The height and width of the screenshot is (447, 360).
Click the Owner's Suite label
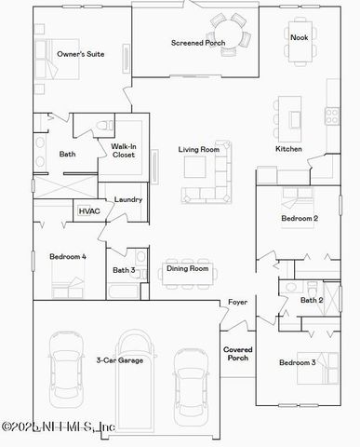[x=80, y=55]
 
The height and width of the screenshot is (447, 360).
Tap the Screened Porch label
[x=198, y=43]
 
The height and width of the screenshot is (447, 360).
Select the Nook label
[x=299, y=37]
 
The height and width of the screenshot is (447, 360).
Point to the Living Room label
[x=199, y=149]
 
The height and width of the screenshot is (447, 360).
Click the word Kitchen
[x=288, y=149]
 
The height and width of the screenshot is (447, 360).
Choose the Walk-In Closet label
[x=124, y=150]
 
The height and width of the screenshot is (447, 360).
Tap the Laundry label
[x=128, y=199]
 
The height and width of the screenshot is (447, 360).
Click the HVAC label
[x=89, y=211]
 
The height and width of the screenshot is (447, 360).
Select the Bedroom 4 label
[x=68, y=256]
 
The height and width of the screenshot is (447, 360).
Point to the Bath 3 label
[x=125, y=270]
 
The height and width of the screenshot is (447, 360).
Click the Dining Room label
[x=187, y=269]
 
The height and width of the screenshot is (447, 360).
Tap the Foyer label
[x=237, y=304]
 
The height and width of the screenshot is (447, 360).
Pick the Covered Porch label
[x=237, y=353]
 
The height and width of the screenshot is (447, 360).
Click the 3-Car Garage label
[x=119, y=359]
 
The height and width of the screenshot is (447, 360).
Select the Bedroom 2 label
[x=300, y=219]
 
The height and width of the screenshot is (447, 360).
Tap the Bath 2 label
[x=312, y=300]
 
